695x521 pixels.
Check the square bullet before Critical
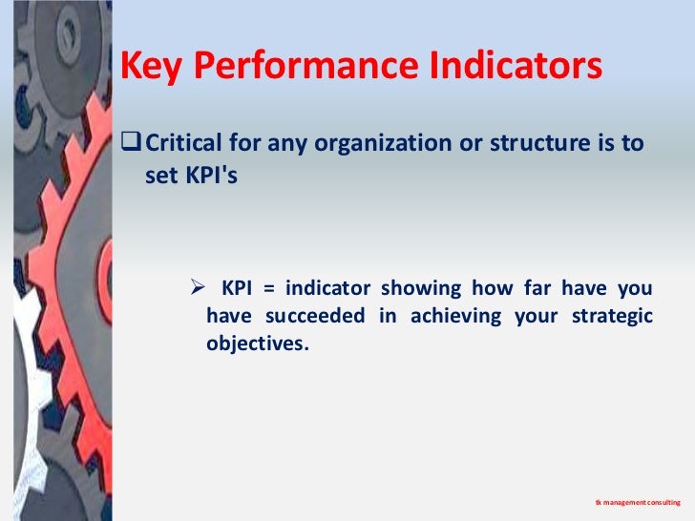[x=130, y=144]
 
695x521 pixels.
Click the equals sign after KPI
[x=273, y=289]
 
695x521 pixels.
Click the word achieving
[x=455, y=317]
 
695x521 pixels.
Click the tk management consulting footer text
[x=631, y=501]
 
